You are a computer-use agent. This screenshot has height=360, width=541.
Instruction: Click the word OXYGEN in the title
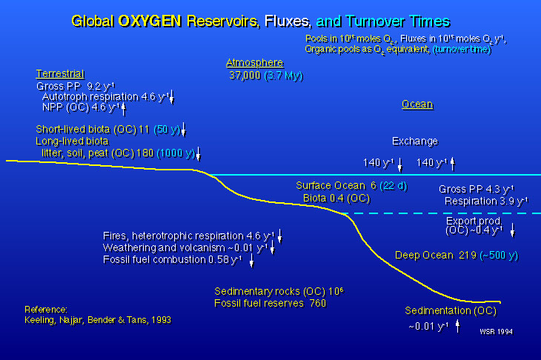[x=150, y=21]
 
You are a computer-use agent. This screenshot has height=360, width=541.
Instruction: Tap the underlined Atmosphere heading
[x=255, y=63]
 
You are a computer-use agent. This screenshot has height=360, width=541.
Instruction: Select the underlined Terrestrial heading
[x=60, y=74]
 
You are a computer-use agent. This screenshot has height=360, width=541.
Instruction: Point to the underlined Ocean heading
[x=417, y=104]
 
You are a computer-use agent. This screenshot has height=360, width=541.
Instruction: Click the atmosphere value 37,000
[x=245, y=76]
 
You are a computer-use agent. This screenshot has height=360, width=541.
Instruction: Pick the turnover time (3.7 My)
[x=284, y=76]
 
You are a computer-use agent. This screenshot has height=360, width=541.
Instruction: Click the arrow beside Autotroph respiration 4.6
[x=172, y=97]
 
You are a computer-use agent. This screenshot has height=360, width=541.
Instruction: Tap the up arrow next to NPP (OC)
[x=124, y=109]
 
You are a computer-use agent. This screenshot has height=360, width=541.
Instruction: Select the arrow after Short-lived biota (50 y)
[x=184, y=130]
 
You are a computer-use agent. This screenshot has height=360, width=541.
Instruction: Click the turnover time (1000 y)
[x=176, y=153]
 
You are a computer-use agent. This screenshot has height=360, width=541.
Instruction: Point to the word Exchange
[x=415, y=141]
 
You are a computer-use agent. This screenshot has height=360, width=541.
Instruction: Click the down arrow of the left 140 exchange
[x=400, y=164]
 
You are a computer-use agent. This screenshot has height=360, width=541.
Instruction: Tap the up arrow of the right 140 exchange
[x=453, y=164]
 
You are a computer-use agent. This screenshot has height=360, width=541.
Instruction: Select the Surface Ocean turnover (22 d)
[x=394, y=186]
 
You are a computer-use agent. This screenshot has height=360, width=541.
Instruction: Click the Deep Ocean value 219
[x=468, y=255]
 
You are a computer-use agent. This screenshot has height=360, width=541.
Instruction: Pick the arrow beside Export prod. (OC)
[x=513, y=230]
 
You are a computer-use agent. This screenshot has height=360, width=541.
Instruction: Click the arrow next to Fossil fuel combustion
[x=251, y=260]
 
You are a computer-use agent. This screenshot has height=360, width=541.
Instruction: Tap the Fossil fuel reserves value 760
[x=317, y=303]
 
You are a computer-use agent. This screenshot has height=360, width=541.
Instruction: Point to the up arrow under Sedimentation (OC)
[x=457, y=326]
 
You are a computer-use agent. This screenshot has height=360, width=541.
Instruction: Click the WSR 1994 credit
[x=496, y=332]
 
